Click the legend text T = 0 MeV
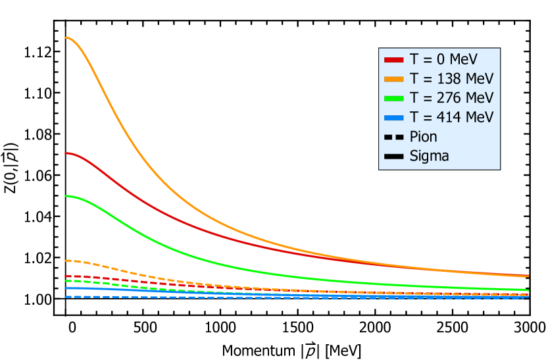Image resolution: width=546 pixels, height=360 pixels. click(443, 59)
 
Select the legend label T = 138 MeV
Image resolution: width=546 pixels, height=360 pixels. click(451, 78)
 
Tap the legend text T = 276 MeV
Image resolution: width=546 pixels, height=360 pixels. click(451, 98)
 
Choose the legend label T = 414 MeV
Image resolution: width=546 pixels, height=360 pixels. click(451, 117)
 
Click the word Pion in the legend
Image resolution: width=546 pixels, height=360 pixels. click(423, 137)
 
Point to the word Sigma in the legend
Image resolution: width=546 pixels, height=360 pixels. click(429, 156)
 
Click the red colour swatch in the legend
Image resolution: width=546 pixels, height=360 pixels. click(393, 59)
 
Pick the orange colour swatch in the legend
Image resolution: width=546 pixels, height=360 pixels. click(393, 79)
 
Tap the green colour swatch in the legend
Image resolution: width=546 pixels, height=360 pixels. click(393, 98)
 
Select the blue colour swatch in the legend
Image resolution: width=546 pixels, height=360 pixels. click(393, 117)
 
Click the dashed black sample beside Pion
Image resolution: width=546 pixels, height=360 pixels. click(393, 137)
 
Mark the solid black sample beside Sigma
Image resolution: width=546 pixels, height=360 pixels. click(393, 156)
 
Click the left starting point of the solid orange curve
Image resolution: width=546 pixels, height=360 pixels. click(65, 38)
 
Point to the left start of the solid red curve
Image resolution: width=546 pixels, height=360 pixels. click(65, 153)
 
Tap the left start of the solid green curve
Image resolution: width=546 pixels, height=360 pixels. click(65, 196)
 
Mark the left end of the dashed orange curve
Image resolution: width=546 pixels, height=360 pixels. click(65, 260)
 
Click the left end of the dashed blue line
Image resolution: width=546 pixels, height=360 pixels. click(65, 297)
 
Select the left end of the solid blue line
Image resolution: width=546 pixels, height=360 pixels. click(65, 288)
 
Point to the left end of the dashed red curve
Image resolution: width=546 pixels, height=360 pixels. click(65, 276)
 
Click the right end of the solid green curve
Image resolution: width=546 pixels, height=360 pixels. click(528, 290)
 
